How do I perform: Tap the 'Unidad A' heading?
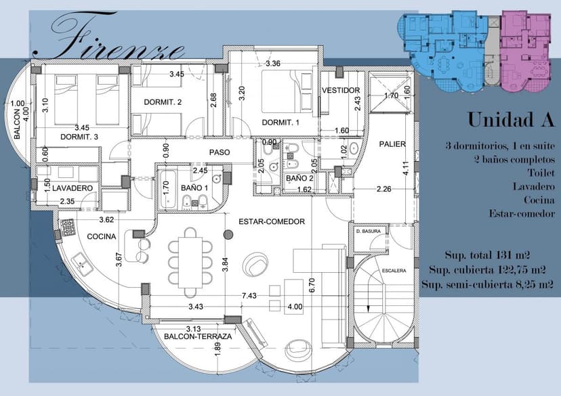click(x=511, y=120)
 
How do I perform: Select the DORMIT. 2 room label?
click(x=163, y=102)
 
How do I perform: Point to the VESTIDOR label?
click(x=341, y=91)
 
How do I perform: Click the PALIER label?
click(x=392, y=144)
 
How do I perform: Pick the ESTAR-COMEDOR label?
click(x=272, y=221)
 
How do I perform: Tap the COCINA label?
click(x=102, y=237)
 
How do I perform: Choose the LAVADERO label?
click(x=72, y=188)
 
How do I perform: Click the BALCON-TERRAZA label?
click(x=198, y=336)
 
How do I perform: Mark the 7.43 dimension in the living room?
click(x=249, y=296)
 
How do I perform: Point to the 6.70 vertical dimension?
click(x=312, y=285)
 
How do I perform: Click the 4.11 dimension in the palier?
click(x=405, y=169)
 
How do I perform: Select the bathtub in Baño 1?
click(x=168, y=190)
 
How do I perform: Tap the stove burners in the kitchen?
click(x=68, y=227)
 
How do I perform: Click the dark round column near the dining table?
click(x=228, y=235)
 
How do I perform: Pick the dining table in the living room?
click(x=190, y=263)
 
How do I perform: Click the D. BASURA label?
click(x=369, y=232)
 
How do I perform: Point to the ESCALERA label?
click(x=394, y=271)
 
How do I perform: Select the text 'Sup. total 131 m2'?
click(x=487, y=255)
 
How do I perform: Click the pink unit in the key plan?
click(x=524, y=50)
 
